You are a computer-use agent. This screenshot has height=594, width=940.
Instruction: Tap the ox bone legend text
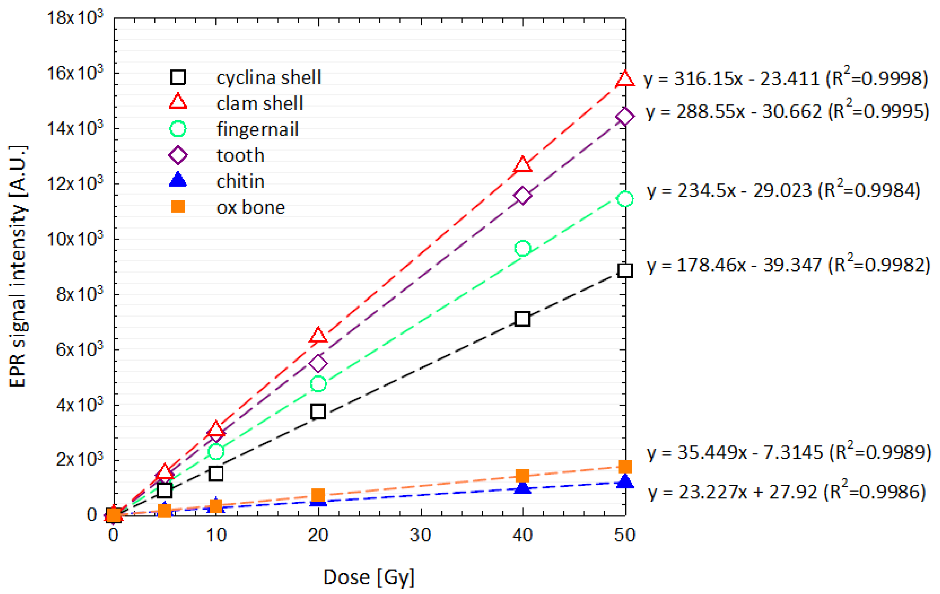251,207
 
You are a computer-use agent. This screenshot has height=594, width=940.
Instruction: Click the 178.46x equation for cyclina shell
734,265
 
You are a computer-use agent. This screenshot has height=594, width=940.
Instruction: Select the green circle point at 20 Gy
318,384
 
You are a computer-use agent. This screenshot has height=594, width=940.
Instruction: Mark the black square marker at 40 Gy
522,319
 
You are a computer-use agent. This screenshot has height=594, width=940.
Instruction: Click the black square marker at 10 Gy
216,474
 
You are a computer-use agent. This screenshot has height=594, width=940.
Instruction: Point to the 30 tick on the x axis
420,535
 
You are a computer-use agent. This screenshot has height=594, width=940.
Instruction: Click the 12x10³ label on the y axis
75,183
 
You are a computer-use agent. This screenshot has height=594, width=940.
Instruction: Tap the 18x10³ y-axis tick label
75,17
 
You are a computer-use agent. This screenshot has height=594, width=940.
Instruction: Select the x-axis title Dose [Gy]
369,577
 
